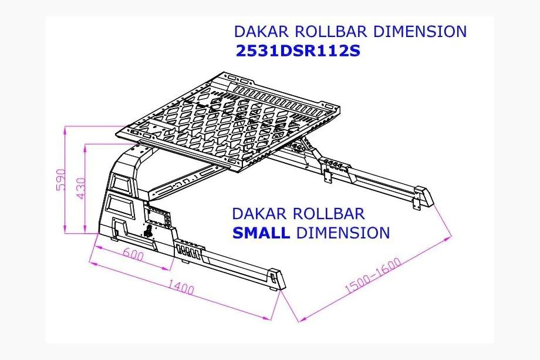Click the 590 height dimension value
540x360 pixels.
tap(60, 180)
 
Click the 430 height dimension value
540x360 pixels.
tap(80, 188)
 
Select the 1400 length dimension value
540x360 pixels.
tap(181, 287)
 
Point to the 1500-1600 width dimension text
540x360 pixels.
tap(373, 275)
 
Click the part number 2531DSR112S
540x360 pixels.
tap(298, 51)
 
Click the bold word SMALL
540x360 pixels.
tap(261, 233)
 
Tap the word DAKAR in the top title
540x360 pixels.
tap(261, 31)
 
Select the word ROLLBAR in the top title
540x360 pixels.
tap(331, 31)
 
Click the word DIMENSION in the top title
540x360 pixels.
tap(420, 31)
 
